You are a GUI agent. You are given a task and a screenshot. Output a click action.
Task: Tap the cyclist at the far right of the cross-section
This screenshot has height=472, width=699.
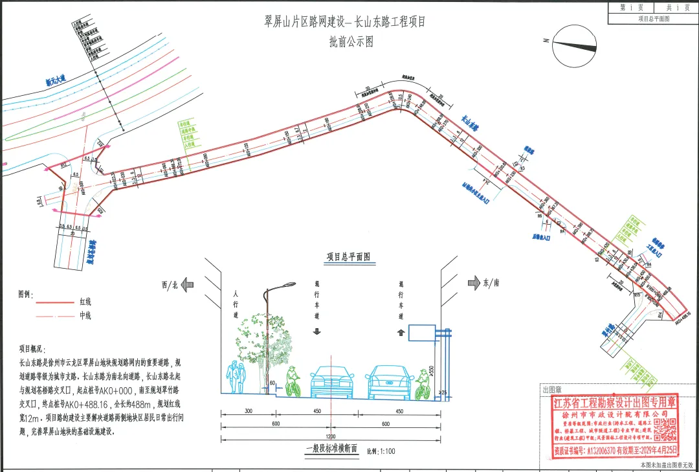coord(423,383)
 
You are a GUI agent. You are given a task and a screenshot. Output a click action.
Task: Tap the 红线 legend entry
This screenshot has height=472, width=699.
coord(85,302)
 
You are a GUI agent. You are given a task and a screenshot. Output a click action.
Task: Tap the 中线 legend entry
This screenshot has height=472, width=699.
coord(85,316)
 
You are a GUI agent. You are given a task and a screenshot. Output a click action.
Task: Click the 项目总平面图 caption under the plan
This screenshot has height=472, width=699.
coord(347,257)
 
